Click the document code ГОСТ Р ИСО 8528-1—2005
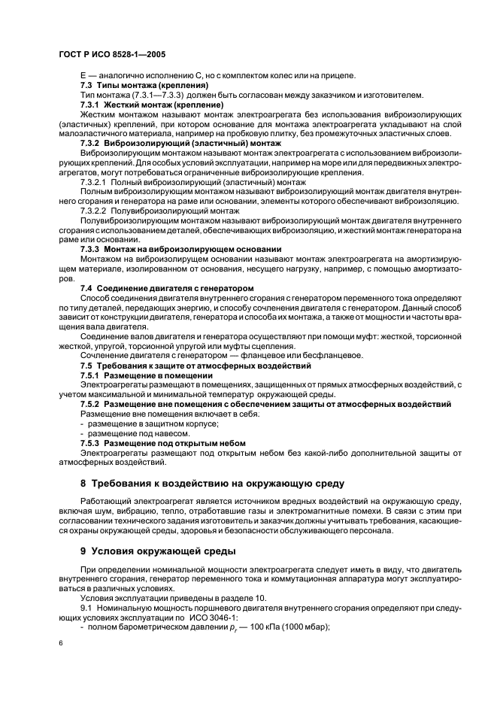[112, 55]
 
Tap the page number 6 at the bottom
[61, 642]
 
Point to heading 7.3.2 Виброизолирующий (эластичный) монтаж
[180, 142]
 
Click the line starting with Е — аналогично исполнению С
[217, 75]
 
